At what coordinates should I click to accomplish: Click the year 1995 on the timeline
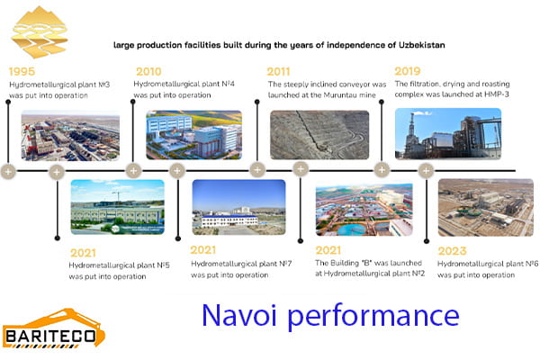(x=23, y=71)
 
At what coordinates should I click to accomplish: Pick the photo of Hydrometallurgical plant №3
(x=69, y=135)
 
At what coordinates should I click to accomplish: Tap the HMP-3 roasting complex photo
(x=447, y=133)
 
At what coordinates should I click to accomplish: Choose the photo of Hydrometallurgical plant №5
(x=117, y=206)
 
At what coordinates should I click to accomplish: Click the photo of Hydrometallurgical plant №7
(x=238, y=206)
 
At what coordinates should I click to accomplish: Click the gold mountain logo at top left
(x=40, y=31)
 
